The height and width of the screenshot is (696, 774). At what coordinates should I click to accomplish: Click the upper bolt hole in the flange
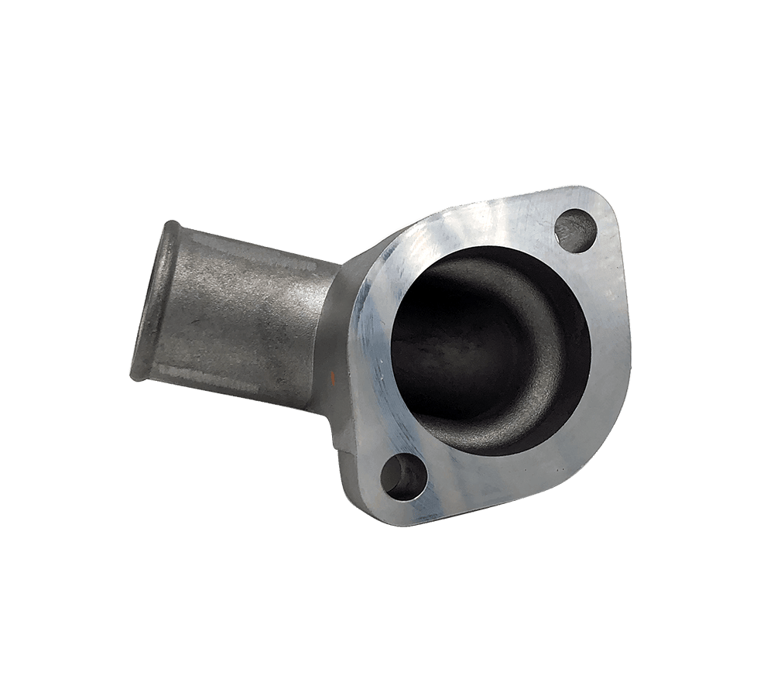click(577, 228)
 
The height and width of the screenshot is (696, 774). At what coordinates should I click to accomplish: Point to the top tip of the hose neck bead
click(172, 225)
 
